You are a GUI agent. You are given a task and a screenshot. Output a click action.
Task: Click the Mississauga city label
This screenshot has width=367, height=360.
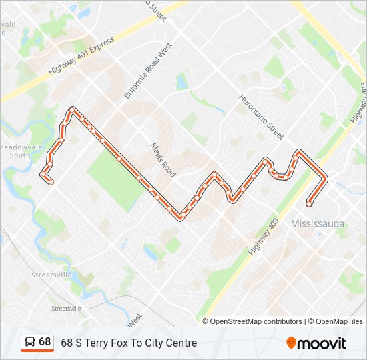tap(318, 224)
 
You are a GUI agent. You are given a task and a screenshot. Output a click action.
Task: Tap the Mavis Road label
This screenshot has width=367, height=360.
tap(163, 159)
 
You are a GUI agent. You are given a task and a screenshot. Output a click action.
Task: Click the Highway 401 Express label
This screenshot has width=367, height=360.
tap(82, 55)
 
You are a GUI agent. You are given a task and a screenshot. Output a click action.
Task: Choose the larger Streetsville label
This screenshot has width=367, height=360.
tap(51, 275)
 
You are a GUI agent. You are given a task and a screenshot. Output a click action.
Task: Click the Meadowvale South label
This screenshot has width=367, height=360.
tap(15, 151)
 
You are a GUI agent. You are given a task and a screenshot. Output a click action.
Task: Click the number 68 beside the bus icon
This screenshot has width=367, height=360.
tap(45, 342)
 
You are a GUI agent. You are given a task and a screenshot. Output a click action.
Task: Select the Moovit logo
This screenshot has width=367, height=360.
tap(316, 343)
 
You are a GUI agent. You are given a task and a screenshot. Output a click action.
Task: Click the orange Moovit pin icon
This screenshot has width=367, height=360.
tap(292, 343)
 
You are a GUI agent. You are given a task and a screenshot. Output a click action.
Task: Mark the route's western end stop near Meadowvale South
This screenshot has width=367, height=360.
tap(51, 181)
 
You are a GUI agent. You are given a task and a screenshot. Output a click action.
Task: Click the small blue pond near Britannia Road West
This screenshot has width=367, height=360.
tap(181, 82)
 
